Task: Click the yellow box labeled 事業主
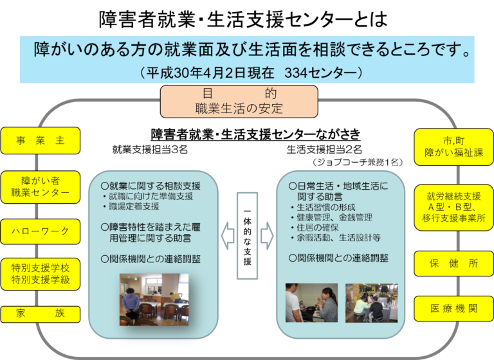tap(41, 141)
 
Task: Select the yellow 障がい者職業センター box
tap(41, 187)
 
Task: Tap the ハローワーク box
tap(41, 231)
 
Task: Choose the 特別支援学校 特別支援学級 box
tap(41, 274)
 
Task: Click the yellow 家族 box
tap(41, 314)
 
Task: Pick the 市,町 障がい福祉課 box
tap(453, 147)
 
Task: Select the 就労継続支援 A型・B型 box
tap(453, 208)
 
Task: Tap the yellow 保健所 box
tap(453, 264)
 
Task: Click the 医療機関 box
tap(453, 309)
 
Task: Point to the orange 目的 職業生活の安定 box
tap(239, 102)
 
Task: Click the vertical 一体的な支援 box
tap(247, 236)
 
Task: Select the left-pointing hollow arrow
tap(228, 236)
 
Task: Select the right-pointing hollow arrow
tap(267, 236)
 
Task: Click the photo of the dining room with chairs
tap(154, 300)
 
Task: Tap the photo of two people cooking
tap(311, 303)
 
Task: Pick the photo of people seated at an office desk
tap(371, 303)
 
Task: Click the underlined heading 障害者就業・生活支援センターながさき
tap(255, 134)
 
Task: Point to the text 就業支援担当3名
tap(150, 149)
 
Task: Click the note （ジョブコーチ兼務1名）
tap(358, 162)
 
